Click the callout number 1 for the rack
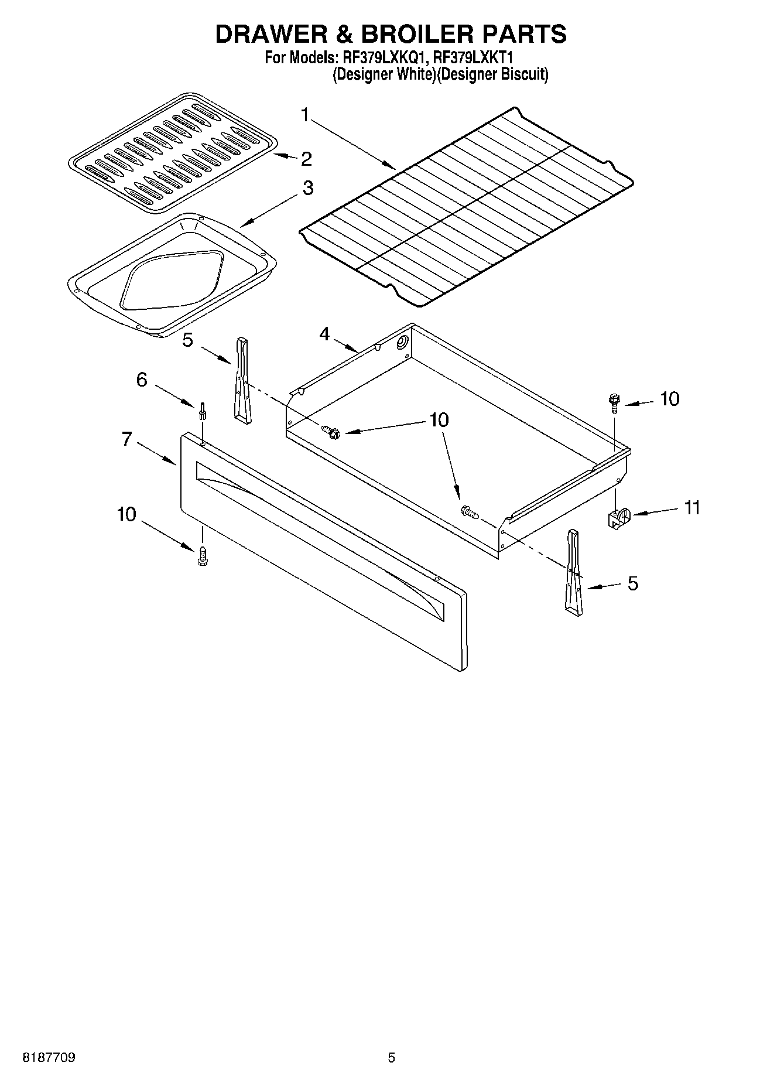[304, 115]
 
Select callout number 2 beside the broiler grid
[306, 159]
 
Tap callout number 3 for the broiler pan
[307, 188]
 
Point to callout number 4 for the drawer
[324, 334]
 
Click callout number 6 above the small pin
[142, 380]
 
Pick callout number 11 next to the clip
[692, 507]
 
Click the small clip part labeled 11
[616, 519]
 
